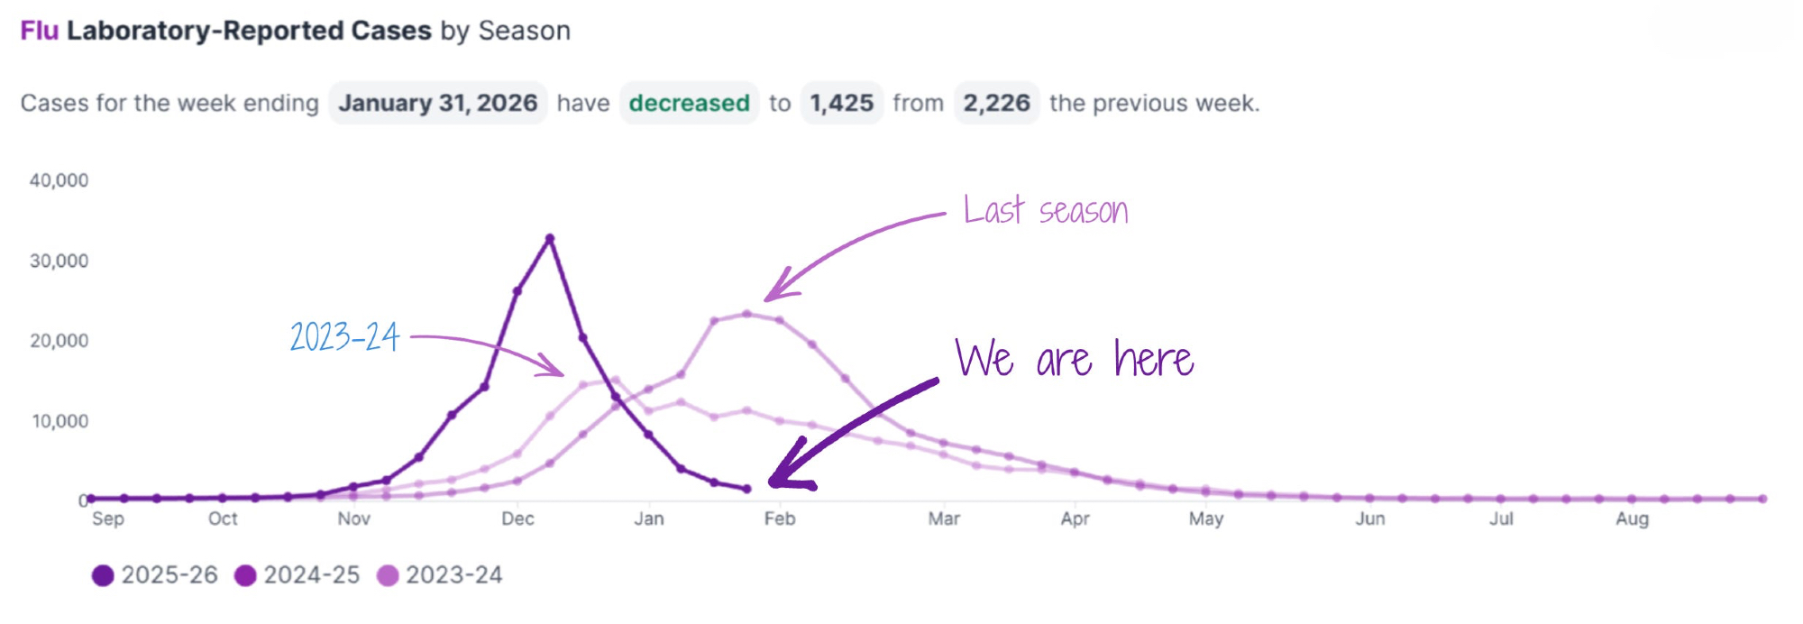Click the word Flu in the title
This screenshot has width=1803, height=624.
click(x=40, y=31)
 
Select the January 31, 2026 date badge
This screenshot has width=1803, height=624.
click(x=438, y=103)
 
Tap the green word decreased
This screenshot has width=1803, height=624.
click(x=689, y=103)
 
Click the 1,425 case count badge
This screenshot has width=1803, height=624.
click(x=841, y=103)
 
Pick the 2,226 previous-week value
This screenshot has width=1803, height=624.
click(x=996, y=103)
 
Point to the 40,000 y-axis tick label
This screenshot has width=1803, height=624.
click(x=59, y=180)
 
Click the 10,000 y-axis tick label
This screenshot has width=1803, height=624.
click(x=60, y=421)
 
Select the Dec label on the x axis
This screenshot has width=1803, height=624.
click(x=517, y=518)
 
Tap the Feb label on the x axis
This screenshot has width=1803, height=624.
click(x=780, y=518)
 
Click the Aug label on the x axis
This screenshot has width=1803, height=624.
click(x=1632, y=518)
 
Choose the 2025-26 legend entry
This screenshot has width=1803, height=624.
click(x=155, y=575)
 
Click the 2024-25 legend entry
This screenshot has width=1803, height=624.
click(x=297, y=575)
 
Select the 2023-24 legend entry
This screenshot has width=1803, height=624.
click(x=439, y=575)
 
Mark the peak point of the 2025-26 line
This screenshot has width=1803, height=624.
click(x=550, y=239)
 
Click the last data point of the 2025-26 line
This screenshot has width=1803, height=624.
click(x=746, y=489)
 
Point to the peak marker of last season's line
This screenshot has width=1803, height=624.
click(x=746, y=315)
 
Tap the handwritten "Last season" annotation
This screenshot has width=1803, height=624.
click(x=1046, y=210)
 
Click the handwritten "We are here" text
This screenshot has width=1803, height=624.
click(x=1075, y=358)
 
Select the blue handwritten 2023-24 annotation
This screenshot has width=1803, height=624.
click(x=344, y=336)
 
